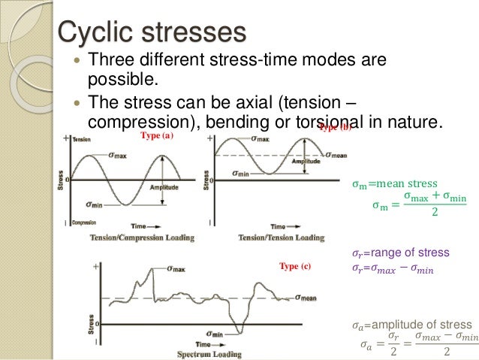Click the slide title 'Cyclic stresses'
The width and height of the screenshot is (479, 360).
pos(152,32)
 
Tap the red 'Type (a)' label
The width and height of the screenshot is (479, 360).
pos(157,136)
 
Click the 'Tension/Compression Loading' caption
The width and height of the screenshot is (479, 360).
pos(142,238)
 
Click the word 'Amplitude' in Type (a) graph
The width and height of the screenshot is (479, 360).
pos(164,187)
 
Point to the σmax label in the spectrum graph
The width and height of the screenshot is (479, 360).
pos(177,268)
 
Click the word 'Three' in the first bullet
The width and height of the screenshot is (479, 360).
pos(112,59)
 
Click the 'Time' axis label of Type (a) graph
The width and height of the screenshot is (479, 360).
pos(139,225)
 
